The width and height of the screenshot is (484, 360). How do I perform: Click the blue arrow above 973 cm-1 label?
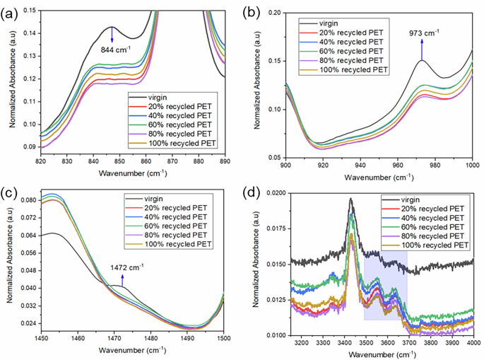point(422,48)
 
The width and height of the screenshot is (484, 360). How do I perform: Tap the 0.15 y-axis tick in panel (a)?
point(28,11)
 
